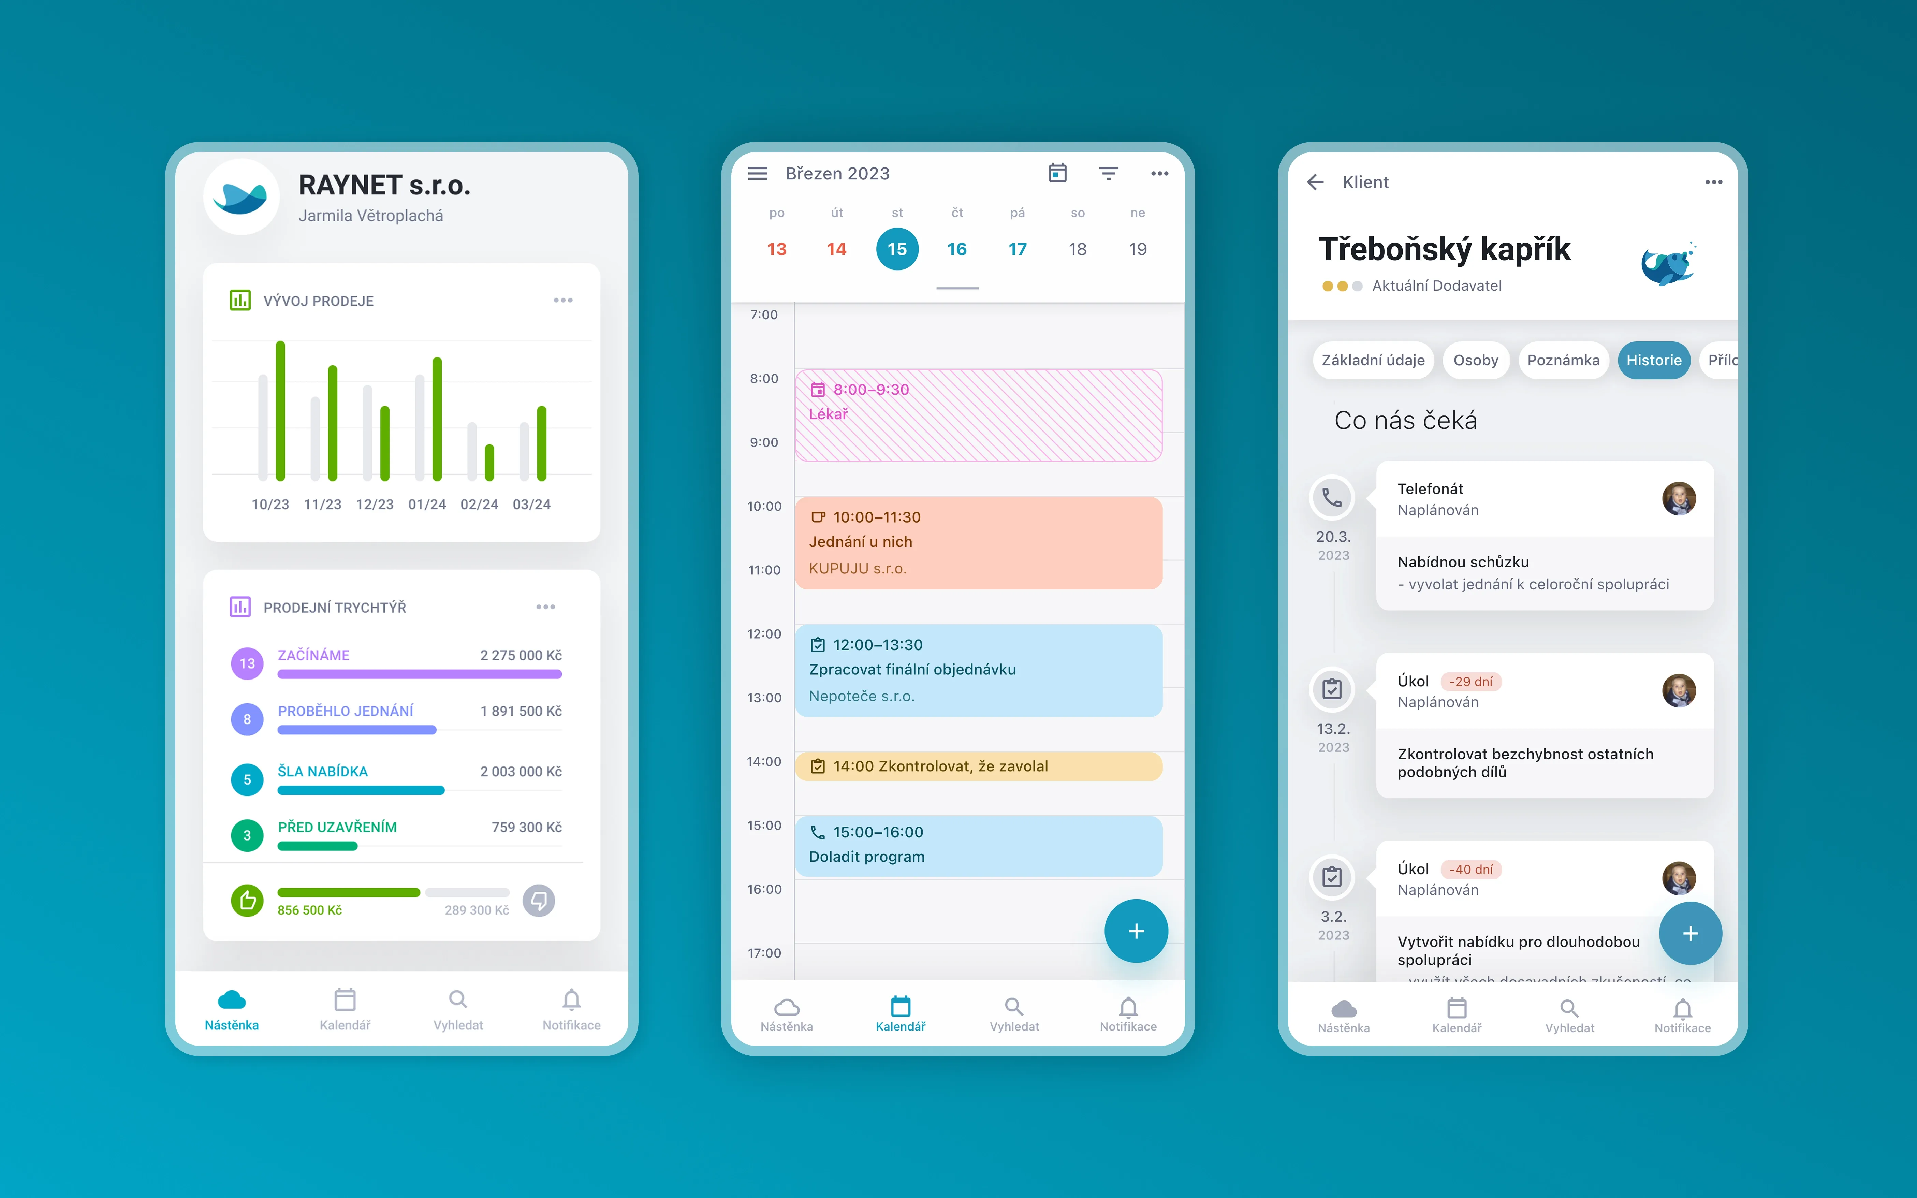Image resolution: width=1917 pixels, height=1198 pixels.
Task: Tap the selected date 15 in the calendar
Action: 897,249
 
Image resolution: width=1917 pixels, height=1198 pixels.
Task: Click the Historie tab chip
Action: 1653,361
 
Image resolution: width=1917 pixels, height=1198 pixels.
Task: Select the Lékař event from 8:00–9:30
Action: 978,414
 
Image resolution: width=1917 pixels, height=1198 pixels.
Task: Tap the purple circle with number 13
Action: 247,663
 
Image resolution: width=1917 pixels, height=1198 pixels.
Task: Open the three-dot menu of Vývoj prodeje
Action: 562,300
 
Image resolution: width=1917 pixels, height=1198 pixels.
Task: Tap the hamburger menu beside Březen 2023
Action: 757,174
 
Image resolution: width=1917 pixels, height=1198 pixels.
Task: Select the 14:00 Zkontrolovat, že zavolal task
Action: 978,766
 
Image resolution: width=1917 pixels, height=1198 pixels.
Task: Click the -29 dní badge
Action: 1470,682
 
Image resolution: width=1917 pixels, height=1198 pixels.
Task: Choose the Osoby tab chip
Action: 1475,361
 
